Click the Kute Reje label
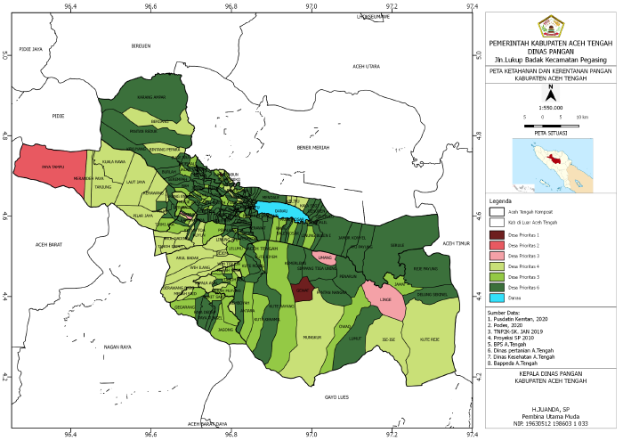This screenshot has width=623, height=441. (431, 339)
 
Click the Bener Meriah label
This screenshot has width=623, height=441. (313, 147)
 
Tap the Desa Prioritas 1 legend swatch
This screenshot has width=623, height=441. (497, 234)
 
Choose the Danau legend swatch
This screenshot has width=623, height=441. (497, 298)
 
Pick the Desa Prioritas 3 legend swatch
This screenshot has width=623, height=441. (497, 256)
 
